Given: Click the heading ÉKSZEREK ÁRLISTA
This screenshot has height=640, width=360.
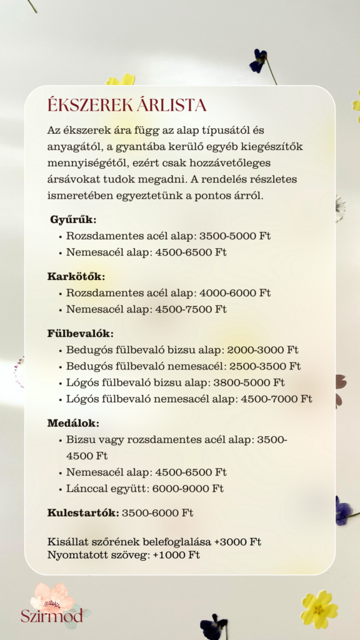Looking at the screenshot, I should pos(127,104).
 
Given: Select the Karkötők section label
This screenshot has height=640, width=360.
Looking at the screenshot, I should pos(76,276).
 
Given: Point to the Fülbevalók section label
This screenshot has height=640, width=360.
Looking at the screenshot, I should pos(81,333).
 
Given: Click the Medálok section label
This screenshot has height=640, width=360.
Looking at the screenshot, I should pos(73,423).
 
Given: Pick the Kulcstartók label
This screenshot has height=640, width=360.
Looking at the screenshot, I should pos(82,513).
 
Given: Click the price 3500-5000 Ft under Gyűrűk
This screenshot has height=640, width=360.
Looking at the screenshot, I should pos(234,236).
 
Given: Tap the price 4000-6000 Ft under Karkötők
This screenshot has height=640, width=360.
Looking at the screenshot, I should pos(234,292).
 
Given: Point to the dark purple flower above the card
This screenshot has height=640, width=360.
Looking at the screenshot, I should pos(259,61).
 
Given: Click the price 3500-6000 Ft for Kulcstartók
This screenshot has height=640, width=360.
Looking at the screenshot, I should pos(157,513).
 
